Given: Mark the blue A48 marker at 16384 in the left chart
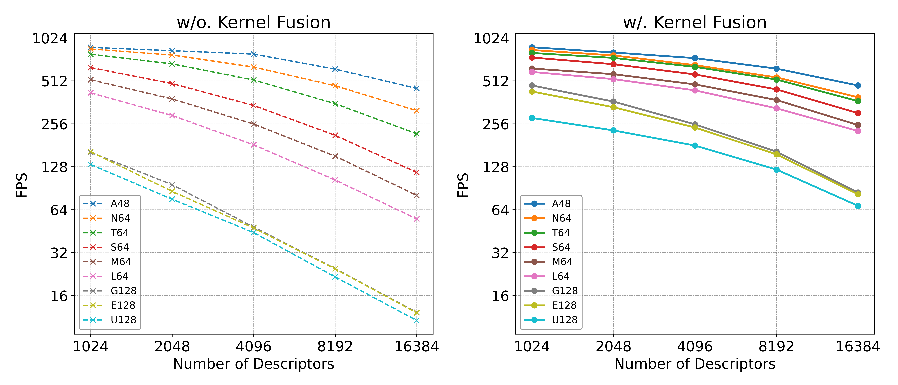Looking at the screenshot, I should (x=416, y=88).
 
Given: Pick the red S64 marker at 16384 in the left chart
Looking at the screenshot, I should (x=416, y=172).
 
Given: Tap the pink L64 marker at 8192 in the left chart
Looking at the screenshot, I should (x=335, y=180).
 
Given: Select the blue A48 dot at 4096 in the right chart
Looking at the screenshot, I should (x=695, y=58).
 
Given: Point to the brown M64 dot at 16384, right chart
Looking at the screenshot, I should (x=858, y=125).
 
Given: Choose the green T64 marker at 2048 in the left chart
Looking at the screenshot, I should (x=172, y=64).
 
